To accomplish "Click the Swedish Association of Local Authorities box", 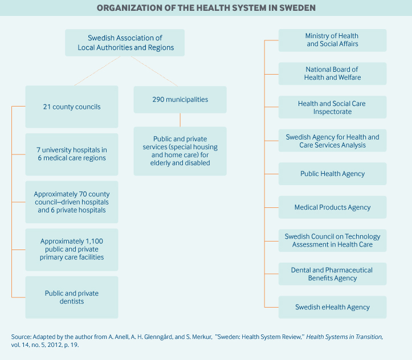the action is (x=125, y=43).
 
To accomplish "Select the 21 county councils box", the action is (x=72, y=107).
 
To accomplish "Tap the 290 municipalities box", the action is (x=180, y=100).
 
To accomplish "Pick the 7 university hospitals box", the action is (x=72, y=154).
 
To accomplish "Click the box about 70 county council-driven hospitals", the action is (x=72, y=202).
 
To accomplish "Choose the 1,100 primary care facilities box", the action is (x=72, y=249).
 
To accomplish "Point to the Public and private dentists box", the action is (x=72, y=297).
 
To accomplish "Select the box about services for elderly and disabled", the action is (x=180, y=151).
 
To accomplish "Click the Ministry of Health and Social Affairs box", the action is (x=332, y=40).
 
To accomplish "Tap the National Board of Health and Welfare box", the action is (x=332, y=73).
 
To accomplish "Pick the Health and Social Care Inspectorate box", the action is (x=332, y=107).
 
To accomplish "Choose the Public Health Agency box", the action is (x=332, y=174).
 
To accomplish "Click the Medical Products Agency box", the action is (x=332, y=207).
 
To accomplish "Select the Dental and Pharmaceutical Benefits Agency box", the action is (x=332, y=274).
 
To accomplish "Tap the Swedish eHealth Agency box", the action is (x=332, y=307).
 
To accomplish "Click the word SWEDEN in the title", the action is (x=297, y=8).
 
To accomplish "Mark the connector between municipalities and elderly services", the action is (x=180, y=120).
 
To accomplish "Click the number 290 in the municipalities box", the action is (x=158, y=100).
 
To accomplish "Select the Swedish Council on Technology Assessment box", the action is (x=332, y=240).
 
